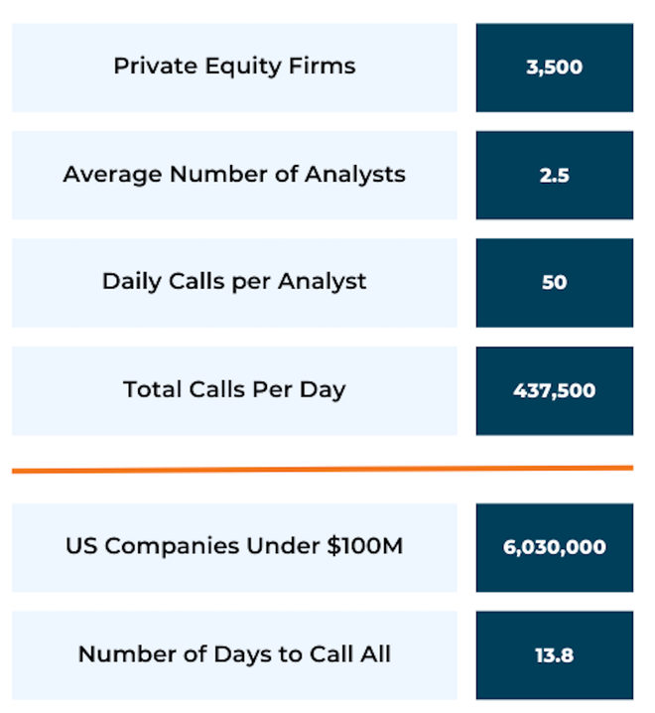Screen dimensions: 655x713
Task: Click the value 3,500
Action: (x=554, y=68)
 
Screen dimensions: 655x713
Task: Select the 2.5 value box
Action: (x=555, y=175)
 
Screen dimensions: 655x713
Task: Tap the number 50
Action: (x=554, y=282)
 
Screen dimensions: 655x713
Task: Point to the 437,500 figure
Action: (x=554, y=390)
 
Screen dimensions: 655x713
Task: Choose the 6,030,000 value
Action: (x=554, y=546)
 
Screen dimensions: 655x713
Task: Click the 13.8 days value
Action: (x=554, y=655)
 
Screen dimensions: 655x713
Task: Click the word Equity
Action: (x=243, y=68)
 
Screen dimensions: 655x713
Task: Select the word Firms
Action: (x=323, y=66)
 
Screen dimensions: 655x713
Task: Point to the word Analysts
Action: (x=355, y=175)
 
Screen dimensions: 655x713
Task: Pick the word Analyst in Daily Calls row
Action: (x=323, y=282)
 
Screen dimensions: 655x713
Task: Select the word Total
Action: (x=152, y=389)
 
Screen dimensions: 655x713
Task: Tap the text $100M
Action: (x=365, y=545)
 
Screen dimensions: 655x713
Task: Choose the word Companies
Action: (x=173, y=546)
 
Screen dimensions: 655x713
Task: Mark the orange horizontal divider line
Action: (x=323, y=470)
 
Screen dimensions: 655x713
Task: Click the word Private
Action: (x=156, y=66)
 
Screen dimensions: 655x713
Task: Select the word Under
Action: (x=283, y=545)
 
